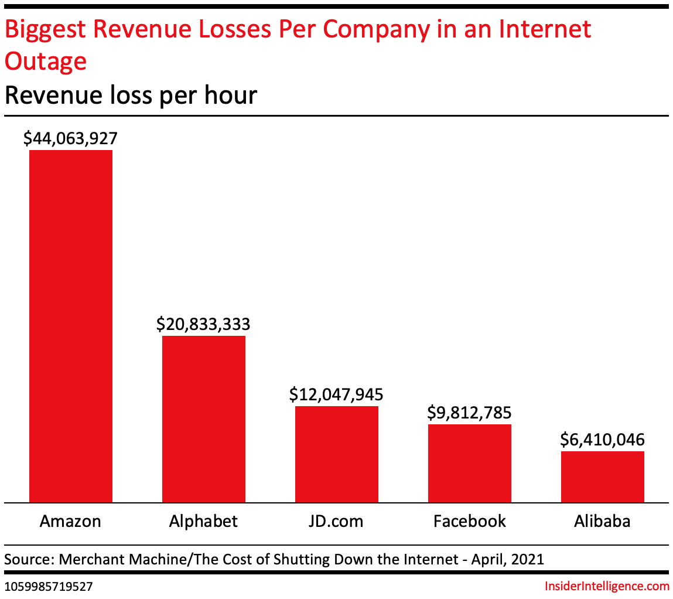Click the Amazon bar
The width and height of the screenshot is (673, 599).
pos(71,326)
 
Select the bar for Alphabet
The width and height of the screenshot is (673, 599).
pos(204,418)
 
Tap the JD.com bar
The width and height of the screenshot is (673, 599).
pos(337,454)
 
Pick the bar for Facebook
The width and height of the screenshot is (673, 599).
pos(470,463)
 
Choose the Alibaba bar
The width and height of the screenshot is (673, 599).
pos(603,477)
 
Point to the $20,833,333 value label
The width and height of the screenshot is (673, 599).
pos(203,324)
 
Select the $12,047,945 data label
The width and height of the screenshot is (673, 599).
pos(337,394)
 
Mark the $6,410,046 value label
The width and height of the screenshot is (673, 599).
pos(603,439)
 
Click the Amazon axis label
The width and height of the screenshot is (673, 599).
pos(71,521)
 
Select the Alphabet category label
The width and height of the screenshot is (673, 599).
pos(203,521)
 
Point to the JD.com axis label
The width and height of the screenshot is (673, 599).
pos(337,521)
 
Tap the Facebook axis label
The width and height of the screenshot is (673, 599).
pos(470,521)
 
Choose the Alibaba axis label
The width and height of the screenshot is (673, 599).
pos(603,521)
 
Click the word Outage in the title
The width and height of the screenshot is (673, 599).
pos(46,60)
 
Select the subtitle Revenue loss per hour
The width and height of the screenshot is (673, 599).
pos(131,95)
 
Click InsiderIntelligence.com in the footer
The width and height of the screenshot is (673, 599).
pos(606,586)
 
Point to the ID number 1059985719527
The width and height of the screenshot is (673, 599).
pos(48,586)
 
